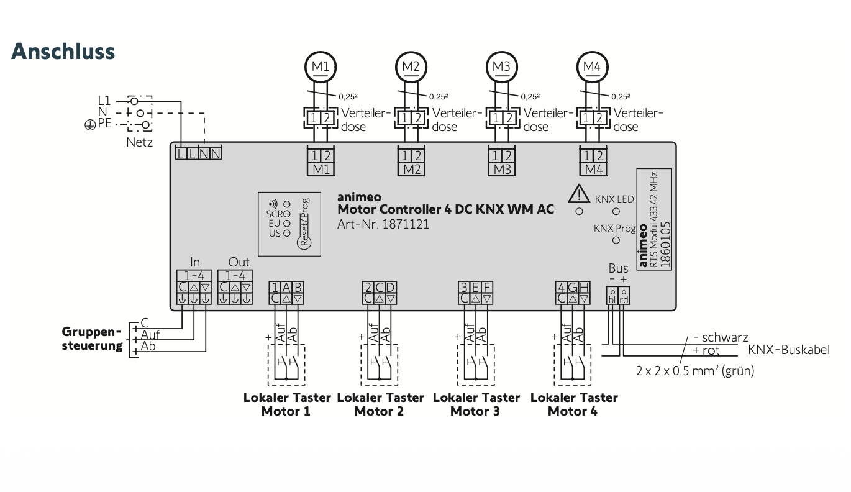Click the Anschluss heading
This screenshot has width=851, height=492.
[x=63, y=51]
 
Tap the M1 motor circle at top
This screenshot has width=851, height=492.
[x=321, y=66]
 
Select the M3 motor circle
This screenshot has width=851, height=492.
[x=501, y=66]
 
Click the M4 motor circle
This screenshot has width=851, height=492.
[x=592, y=66]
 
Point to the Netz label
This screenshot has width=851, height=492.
[x=139, y=142]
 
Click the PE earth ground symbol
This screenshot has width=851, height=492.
[x=90, y=125]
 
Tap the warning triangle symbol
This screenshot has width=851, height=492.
[x=579, y=194]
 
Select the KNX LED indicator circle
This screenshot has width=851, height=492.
[x=616, y=211]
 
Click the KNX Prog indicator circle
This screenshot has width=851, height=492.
[x=616, y=240]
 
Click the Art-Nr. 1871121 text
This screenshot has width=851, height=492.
[x=383, y=224]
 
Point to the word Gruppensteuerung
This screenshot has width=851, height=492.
[x=92, y=339]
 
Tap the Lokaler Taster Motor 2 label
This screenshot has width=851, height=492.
[x=380, y=404]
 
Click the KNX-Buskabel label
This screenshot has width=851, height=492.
[x=788, y=350]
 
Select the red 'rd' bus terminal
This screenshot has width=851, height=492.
[x=624, y=296]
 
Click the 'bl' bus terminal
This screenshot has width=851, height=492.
[x=612, y=296]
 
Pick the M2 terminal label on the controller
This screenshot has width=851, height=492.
[x=411, y=169]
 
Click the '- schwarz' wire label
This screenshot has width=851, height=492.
[x=720, y=338]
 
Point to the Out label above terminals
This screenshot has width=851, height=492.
[x=239, y=263]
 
